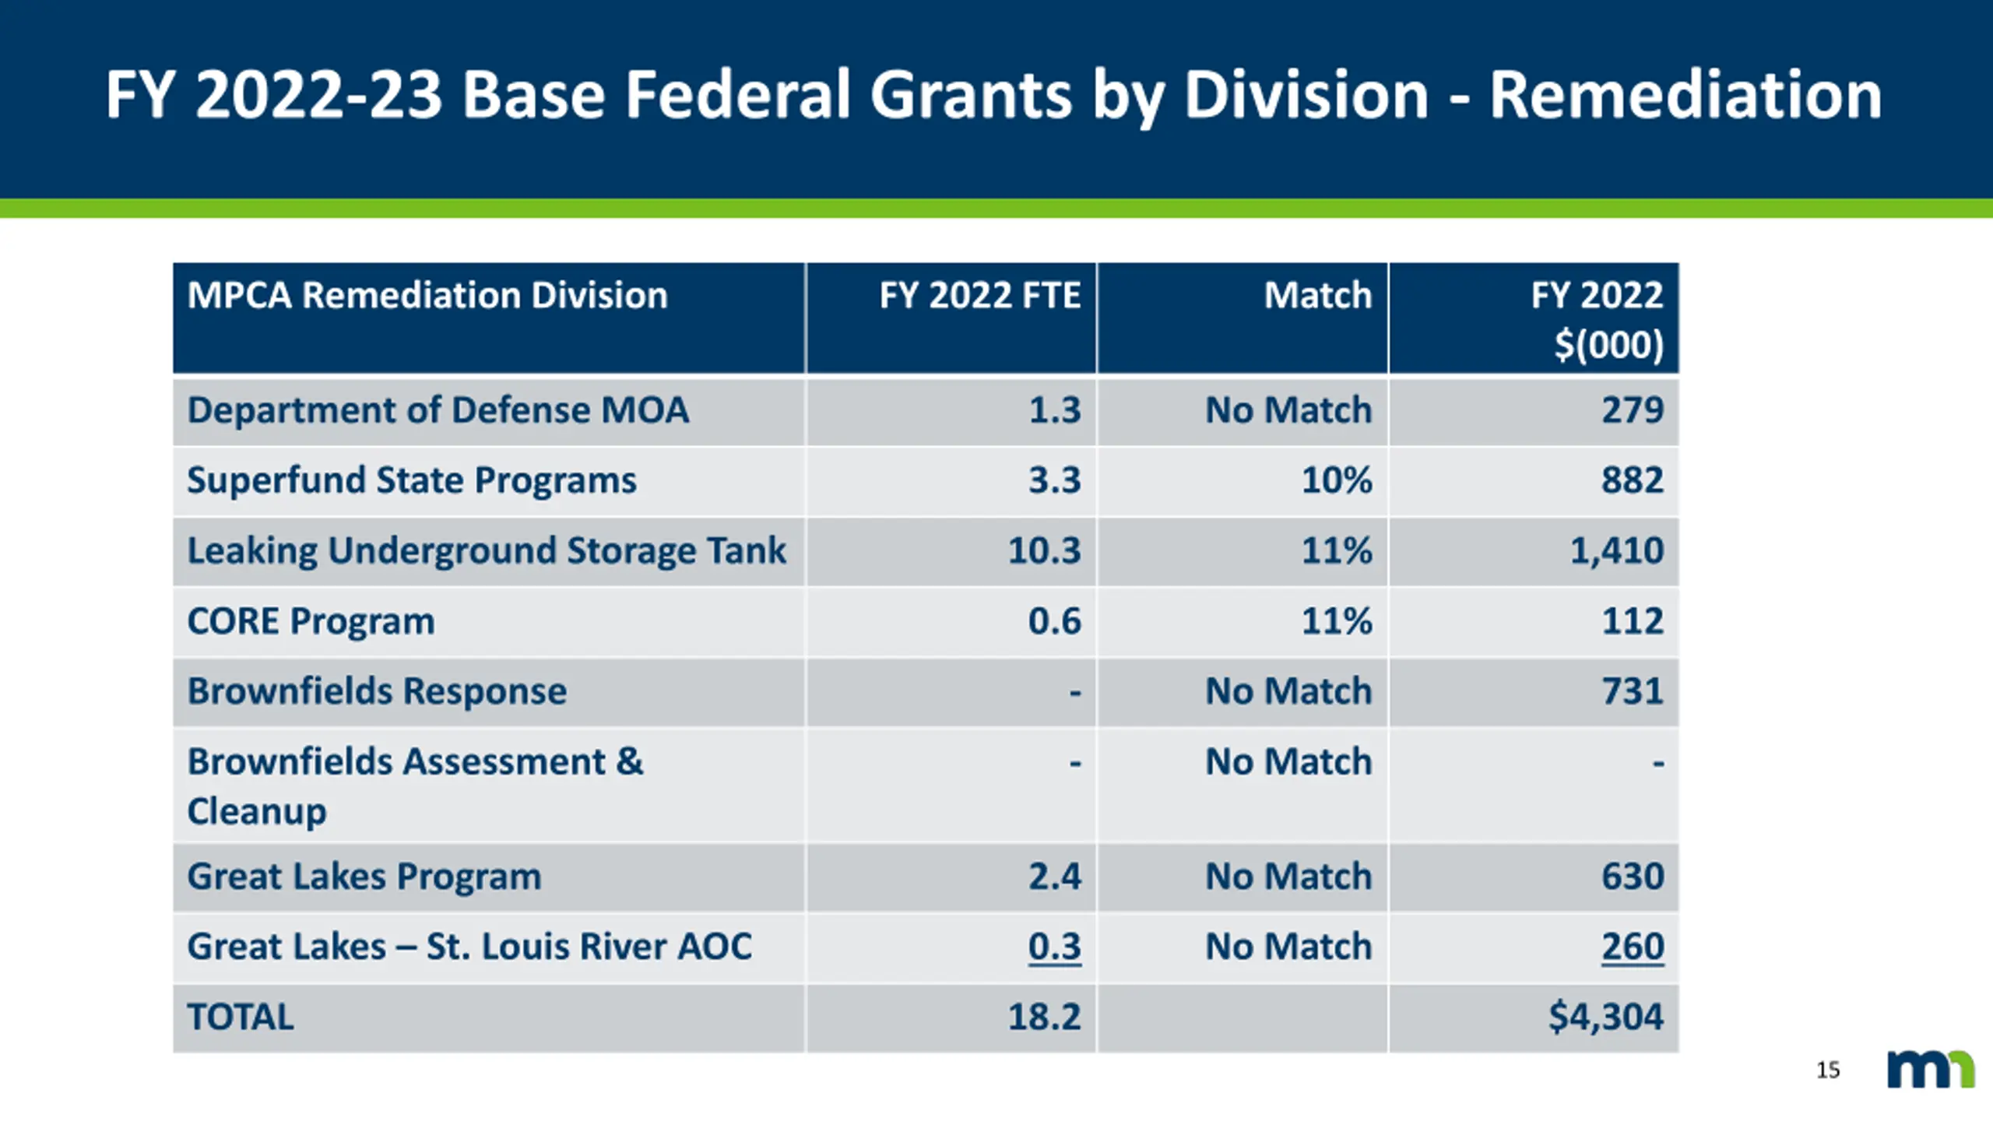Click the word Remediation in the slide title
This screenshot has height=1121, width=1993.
click(1685, 95)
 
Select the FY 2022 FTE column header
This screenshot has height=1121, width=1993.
click(979, 296)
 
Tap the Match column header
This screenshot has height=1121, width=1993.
click(1317, 296)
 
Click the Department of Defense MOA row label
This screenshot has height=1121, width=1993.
click(438, 410)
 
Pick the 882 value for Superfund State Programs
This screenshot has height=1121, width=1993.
click(1632, 480)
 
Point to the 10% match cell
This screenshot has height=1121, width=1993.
click(1336, 480)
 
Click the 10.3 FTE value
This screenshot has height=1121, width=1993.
click(1044, 550)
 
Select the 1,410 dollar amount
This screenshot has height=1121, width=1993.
click(1616, 550)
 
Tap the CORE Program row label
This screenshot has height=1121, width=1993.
click(311, 621)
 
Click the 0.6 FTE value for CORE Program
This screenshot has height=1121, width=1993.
click(1054, 621)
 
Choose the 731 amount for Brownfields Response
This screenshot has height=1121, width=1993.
click(1632, 691)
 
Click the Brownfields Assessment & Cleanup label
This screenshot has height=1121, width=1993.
click(415, 785)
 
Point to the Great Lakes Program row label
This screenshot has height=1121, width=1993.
click(364, 877)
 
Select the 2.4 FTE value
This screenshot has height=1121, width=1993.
click(1054, 877)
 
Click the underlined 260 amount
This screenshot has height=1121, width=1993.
click(1632, 947)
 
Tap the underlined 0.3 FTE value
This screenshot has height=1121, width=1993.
click(1054, 947)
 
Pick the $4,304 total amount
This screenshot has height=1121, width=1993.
click(1605, 1017)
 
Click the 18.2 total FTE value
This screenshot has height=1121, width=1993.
click(1044, 1017)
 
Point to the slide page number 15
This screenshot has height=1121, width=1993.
click(1828, 1070)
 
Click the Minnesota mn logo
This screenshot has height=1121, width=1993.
click(1931, 1070)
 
